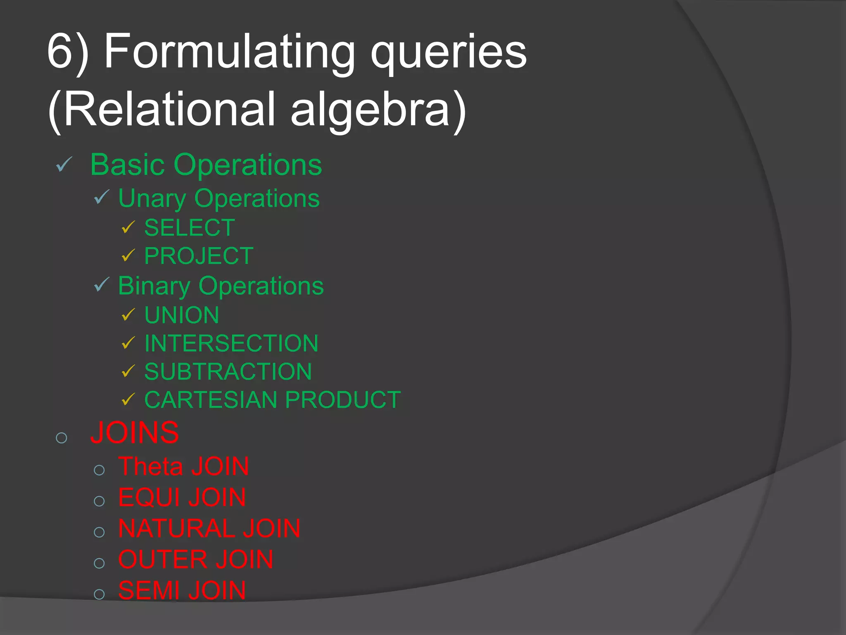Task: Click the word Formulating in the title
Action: (x=229, y=52)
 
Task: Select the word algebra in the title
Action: (x=370, y=110)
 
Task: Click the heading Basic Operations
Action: (x=206, y=165)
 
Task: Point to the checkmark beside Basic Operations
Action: (x=64, y=165)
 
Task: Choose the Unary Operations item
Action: (x=219, y=198)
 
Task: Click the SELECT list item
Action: (x=190, y=228)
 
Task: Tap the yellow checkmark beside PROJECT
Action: (x=128, y=255)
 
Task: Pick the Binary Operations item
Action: (x=221, y=286)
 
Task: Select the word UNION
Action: (x=182, y=315)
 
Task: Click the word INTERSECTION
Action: (x=231, y=343)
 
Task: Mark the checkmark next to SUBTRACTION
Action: (x=128, y=371)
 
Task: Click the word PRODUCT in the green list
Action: (x=343, y=400)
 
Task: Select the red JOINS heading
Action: (x=135, y=433)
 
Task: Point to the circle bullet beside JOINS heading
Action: (x=62, y=438)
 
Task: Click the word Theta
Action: (x=151, y=466)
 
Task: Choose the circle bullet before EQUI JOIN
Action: (x=99, y=501)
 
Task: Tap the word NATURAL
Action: (x=176, y=528)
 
